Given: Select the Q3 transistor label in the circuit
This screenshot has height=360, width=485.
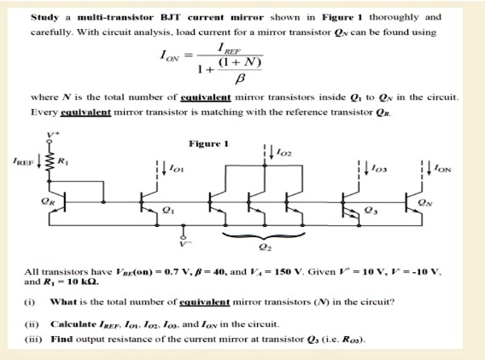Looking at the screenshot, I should pos(369,207).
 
